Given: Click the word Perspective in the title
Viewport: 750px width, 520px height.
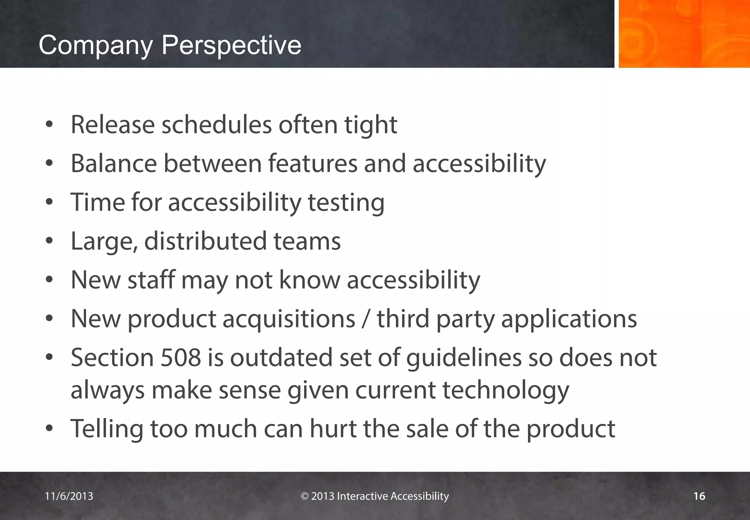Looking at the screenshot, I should [231, 45].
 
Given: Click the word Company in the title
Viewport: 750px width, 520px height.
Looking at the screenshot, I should [95, 45].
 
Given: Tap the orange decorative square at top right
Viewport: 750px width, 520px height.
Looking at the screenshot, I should [684, 34].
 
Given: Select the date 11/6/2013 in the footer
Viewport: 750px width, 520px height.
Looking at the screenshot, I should [69, 496].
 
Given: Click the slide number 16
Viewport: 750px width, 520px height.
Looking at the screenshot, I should [699, 496].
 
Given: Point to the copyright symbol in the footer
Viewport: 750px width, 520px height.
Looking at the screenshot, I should [305, 496].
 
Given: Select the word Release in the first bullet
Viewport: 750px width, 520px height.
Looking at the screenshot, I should [113, 125].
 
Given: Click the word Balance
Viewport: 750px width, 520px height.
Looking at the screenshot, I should [114, 164].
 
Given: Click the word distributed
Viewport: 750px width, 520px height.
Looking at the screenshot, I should [205, 241].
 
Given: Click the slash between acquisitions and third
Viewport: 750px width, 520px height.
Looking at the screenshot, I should [366, 318].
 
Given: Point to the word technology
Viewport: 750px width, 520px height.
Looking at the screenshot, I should [506, 390].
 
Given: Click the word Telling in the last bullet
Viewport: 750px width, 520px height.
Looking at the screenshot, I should [107, 429].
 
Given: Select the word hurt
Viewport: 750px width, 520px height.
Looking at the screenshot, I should [333, 429].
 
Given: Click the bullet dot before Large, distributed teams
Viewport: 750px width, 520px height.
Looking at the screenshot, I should [49, 241].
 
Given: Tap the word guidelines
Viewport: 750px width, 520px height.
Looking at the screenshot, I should [464, 358].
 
